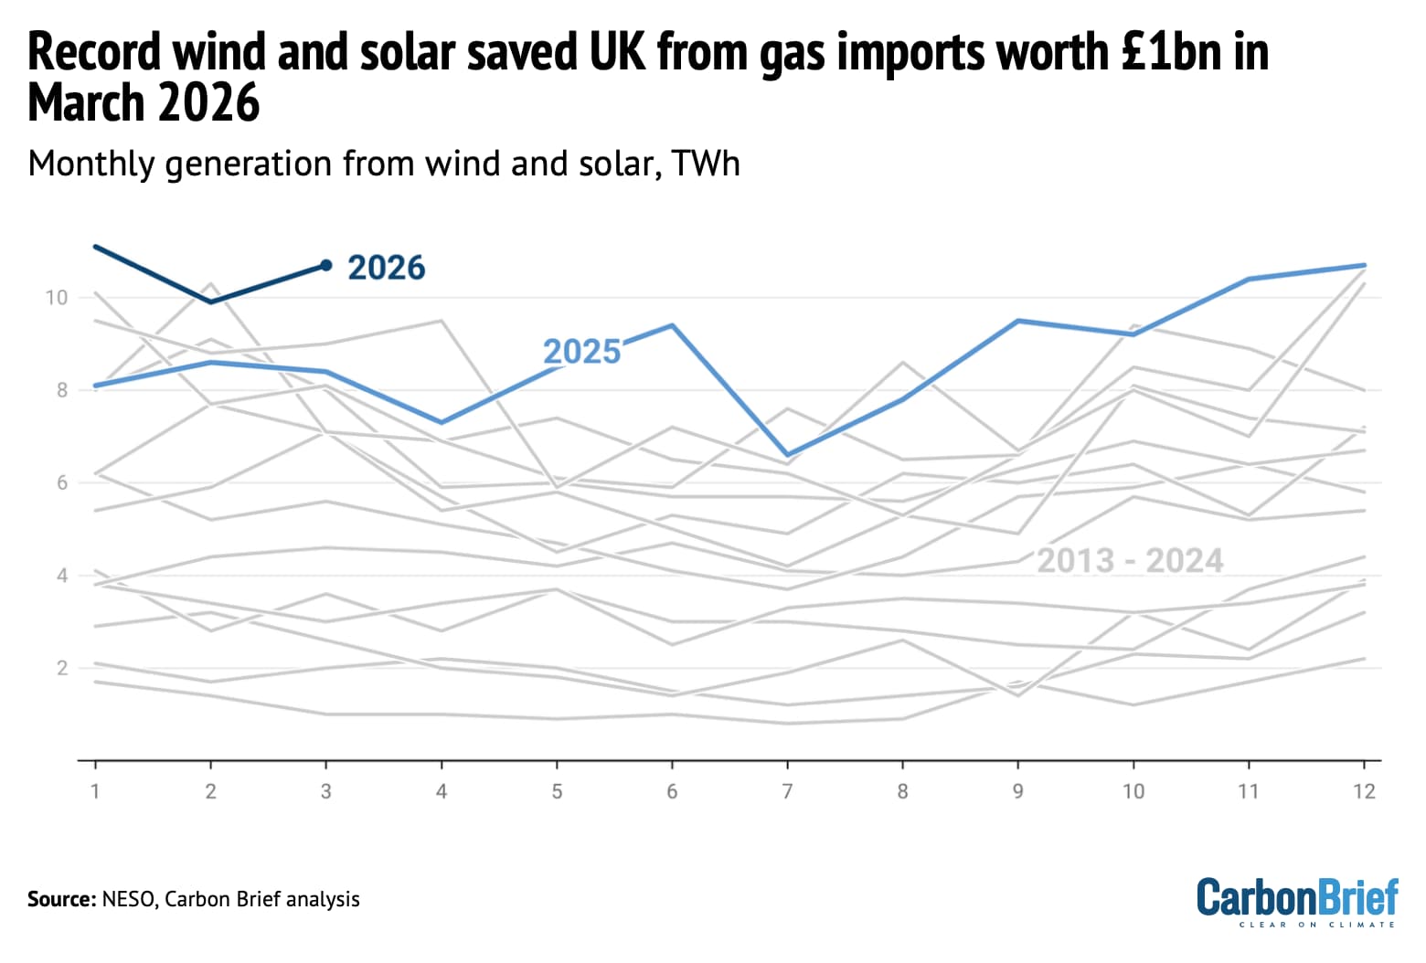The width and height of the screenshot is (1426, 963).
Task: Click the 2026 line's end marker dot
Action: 325,265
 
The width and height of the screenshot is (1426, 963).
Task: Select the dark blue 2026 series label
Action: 386,268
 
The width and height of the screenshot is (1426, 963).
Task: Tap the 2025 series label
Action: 581,352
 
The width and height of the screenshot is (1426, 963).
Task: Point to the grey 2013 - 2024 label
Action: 1130,561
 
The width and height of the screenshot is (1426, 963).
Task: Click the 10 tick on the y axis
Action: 56,298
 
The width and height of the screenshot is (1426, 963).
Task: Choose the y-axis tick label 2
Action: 61,668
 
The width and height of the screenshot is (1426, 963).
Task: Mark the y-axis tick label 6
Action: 61,482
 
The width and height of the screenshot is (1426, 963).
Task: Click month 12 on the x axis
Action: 1364,791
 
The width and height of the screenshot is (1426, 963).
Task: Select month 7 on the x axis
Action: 787,791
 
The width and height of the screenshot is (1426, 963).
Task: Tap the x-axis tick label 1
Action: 95,791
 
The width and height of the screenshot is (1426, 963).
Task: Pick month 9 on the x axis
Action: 1017,791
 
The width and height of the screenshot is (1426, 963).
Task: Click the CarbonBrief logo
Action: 1297,900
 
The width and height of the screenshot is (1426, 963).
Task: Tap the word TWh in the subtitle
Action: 705,164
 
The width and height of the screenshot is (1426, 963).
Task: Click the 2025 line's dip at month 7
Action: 787,454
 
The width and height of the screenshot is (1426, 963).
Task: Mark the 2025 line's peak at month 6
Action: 672,325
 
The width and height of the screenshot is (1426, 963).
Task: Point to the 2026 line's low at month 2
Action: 210,302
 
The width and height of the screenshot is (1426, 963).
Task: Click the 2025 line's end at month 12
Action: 1364,265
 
